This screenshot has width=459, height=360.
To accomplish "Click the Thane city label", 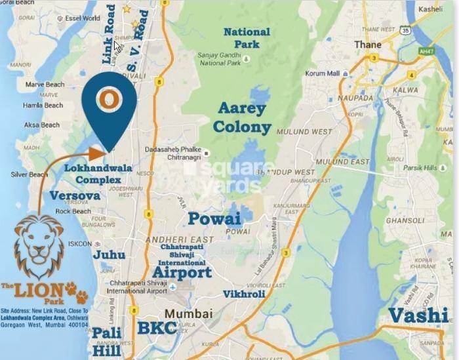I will [x=367, y=45].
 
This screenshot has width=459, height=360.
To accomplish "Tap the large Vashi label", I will [x=419, y=315].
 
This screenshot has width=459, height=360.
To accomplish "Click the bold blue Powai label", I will [x=214, y=218].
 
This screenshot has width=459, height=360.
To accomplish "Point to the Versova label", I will [x=74, y=195].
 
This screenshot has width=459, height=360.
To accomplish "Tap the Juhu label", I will [x=110, y=254].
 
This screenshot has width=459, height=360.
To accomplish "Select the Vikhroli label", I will [x=244, y=294].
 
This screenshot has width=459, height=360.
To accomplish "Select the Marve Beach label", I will [x=44, y=85].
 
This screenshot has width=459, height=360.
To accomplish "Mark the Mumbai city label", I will [x=188, y=313].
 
